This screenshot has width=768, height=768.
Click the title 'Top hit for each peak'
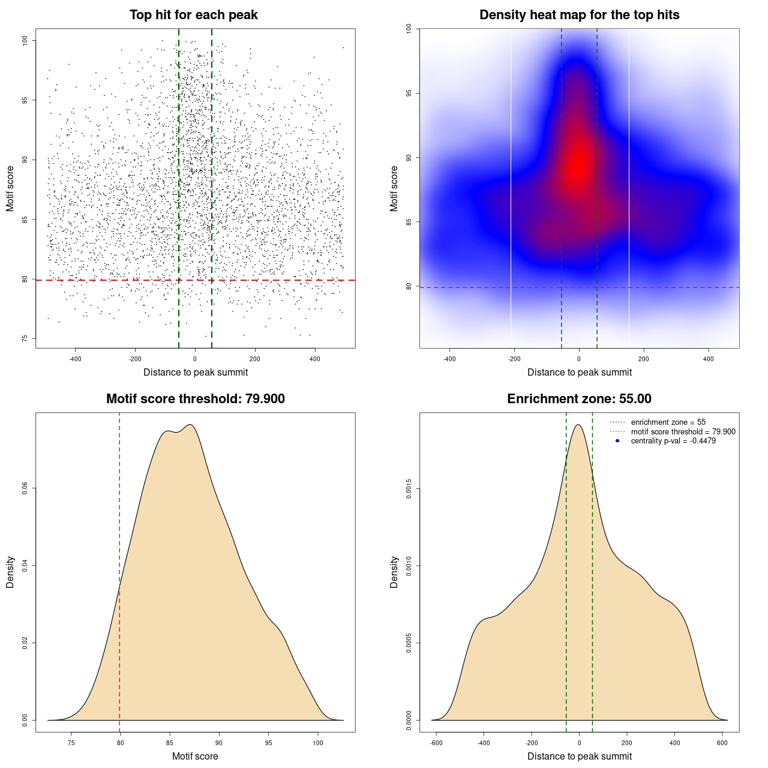(x=193, y=15)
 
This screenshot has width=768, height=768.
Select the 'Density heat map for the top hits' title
(x=579, y=15)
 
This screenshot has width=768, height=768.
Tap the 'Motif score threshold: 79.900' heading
(x=195, y=399)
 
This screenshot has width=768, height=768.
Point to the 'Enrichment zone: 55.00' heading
(x=579, y=399)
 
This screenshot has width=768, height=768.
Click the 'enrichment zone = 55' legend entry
(x=668, y=422)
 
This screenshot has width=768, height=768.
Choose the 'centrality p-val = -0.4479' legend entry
(x=673, y=441)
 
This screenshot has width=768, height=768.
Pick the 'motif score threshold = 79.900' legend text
(x=683, y=432)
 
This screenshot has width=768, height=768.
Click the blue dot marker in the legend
(x=617, y=441)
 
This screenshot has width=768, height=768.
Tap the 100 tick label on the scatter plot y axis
(x=25, y=40)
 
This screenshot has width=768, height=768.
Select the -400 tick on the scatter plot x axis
(x=75, y=359)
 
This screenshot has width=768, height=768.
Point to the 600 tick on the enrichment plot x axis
(x=722, y=743)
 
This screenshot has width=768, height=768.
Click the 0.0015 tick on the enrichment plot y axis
(x=409, y=489)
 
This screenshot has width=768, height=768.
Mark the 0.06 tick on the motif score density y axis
(x=25, y=489)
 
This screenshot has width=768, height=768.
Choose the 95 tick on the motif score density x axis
(x=269, y=743)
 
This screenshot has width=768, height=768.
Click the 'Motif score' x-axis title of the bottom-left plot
(x=195, y=756)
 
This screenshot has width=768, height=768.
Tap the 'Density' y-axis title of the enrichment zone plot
(x=394, y=572)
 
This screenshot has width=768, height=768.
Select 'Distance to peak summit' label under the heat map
(x=579, y=372)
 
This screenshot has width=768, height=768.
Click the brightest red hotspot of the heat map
(x=578, y=163)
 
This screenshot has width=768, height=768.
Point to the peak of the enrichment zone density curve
(x=578, y=425)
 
